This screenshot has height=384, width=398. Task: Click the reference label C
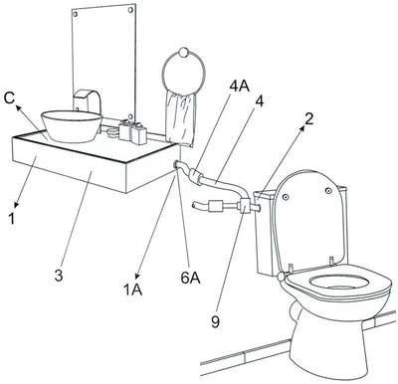(9, 98)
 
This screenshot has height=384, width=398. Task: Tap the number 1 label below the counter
(12, 218)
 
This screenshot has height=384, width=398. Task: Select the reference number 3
(59, 276)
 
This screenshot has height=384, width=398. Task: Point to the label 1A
(133, 289)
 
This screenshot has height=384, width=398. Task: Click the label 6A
(190, 278)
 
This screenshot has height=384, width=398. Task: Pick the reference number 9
(215, 321)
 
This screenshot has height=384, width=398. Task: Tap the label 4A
(240, 86)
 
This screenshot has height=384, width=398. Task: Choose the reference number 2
(308, 119)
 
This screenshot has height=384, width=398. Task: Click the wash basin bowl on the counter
(71, 126)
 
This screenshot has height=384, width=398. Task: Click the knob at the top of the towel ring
(183, 52)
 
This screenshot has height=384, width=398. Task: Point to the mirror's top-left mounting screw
(76, 15)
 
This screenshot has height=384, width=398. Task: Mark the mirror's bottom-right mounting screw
(131, 116)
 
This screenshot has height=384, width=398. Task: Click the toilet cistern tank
(267, 232)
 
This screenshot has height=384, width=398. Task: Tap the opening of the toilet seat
(339, 283)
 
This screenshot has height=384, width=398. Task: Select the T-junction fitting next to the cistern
(246, 205)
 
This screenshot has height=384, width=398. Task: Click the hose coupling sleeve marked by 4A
(197, 176)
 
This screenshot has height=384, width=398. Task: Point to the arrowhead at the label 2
(302, 129)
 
